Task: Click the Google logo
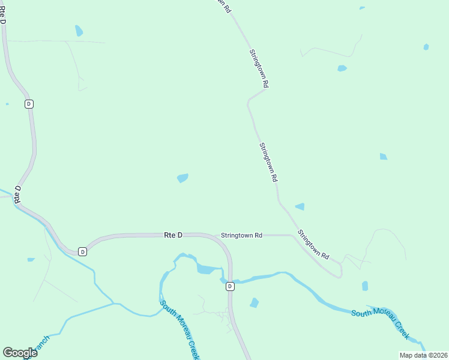[x=20, y=353]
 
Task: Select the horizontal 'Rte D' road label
[x=173, y=235]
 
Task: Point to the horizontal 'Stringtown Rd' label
[x=241, y=236]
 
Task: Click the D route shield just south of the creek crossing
[x=230, y=287]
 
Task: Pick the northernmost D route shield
[x=29, y=104]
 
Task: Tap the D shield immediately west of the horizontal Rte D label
[x=83, y=251]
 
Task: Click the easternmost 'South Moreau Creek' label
[x=381, y=319]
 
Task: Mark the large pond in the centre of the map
[x=182, y=178]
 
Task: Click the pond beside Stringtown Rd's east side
[x=300, y=207]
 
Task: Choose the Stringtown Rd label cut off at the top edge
[x=223, y=5]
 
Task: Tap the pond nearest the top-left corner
[x=79, y=30]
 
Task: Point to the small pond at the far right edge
[x=426, y=47]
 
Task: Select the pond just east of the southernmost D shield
[x=254, y=303]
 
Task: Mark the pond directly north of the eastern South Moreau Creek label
[x=365, y=286]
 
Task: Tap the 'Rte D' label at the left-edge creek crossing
[x=18, y=194]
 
